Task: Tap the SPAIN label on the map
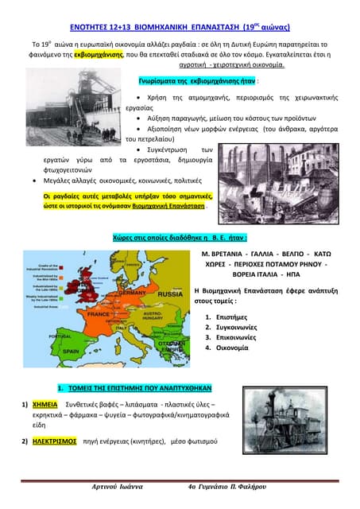pyautogui.click(x=70, y=350)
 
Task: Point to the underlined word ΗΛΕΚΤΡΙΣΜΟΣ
pyautogui.click(x=54, y=439)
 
